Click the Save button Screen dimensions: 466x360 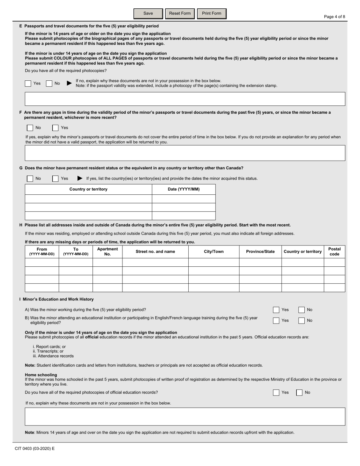tap(148, 14)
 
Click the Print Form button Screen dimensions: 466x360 tap(211, 14)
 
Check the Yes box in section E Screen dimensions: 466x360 tap(28, 84)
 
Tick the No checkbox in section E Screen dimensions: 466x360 tap(49, 84)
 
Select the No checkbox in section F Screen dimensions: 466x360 tap(30, 128)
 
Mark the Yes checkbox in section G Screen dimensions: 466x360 tap(55, 178)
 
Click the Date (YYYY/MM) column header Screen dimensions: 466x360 tap(183, 189)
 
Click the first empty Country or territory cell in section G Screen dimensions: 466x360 tap(88, 199)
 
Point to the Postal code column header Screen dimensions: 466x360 tap(334, 252)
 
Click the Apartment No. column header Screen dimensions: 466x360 tap(107, 252)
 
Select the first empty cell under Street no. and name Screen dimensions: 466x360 tap(155, 263)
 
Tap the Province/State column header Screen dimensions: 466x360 tap(260, 252)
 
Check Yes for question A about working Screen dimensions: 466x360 tap(276, 310)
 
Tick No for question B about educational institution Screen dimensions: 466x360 tap(301, 321)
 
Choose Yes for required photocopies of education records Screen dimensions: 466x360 tap(276, 393)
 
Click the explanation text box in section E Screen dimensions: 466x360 tap(185, 99)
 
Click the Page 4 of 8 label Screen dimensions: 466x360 tap(334, 17)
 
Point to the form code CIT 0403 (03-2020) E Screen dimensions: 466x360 tap(35, 449)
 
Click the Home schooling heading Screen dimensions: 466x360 tap(41, 375)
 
